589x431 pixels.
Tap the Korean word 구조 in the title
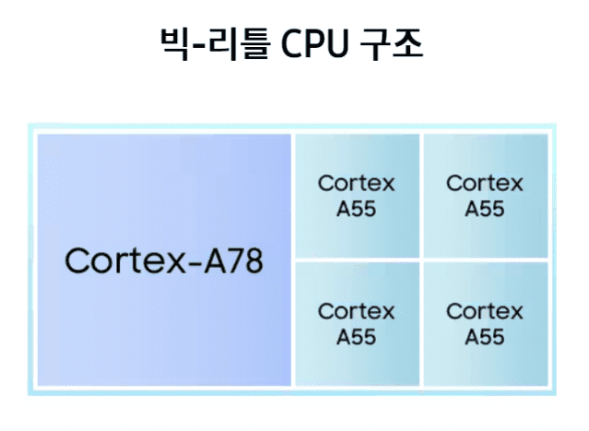pyautogui.click(x=393, y=43)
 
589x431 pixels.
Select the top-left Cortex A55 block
pyautogui.click(x=356, y=195)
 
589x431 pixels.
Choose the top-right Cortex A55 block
pyautogui.click(x=485, y=195)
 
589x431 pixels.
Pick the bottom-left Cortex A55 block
pyautogui.click(x=356, y=323)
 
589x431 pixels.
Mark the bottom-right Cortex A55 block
pyautogui.click(x=485, y=323)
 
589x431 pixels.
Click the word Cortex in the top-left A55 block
pyautogui.click(x=356, y=183)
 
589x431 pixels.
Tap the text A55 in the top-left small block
pyautogui.click(x=356, y=208)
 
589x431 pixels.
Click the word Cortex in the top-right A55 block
pyautogui.click(x=485, y=183)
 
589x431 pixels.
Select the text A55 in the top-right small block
pyautogui.click(x=485, y=208)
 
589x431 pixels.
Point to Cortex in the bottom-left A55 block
pyautogui.click(x=356, y=311)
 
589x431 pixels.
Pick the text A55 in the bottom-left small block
pyautogui.click(x=356, y=336)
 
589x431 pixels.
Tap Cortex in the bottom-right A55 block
pyautogui.click(x=485, y=311)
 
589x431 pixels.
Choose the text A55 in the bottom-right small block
pyautogui.click(x=485, y=336)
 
